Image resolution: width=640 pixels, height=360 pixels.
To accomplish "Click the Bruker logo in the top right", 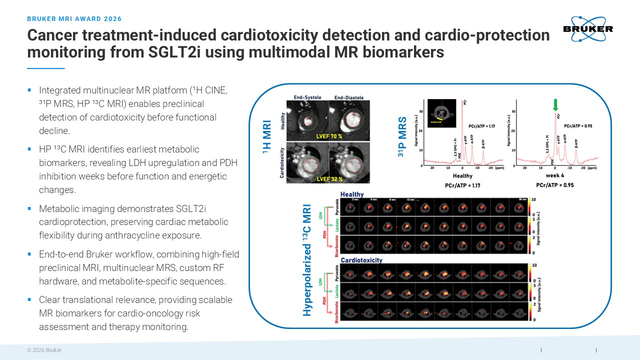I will [587, 28].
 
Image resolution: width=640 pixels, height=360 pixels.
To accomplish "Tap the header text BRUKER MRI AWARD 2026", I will [74, 19].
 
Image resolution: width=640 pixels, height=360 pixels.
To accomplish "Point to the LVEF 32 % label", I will [328, 178].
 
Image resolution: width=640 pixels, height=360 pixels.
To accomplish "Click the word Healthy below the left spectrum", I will [462, 176].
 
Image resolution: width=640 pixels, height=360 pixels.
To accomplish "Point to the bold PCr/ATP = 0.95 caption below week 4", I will [554, 185].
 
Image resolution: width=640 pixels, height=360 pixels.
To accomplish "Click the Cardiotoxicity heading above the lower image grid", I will [361, 260].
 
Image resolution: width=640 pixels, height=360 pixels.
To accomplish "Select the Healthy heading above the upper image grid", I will [352, 194].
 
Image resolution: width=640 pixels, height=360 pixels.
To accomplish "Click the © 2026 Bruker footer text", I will [44, 350].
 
